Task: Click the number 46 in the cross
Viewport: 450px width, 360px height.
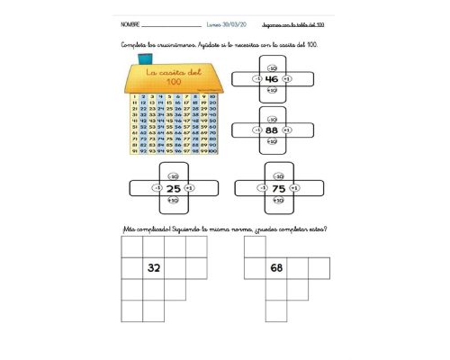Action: pos(272,79)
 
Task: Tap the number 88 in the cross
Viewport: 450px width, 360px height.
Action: pos(272,130)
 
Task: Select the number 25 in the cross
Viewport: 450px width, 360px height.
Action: pos(173,188)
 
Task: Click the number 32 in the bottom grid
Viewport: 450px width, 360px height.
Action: pos(155,267)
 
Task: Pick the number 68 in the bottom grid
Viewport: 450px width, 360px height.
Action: pos(276,267)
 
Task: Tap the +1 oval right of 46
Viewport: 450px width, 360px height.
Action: pos(286,79)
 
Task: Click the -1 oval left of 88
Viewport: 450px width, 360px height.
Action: pos(257,130)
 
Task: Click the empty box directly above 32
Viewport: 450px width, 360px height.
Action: pos(155,246)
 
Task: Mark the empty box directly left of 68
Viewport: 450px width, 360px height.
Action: pos(254,267)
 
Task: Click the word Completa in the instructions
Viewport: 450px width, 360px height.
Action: pos(134,45)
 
